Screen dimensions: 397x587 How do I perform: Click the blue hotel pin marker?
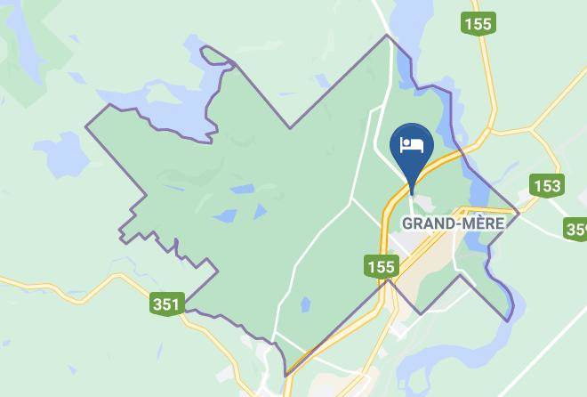pos(412,150)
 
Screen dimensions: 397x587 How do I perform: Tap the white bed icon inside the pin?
pos(412,144)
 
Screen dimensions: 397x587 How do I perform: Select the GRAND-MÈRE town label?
pos(453,223)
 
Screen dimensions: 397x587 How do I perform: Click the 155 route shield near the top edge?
pos(478,23)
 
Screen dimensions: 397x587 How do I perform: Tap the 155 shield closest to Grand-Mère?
pos(380,265)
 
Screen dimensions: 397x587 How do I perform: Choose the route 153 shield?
pos(546,186)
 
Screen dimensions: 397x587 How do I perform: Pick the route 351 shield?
pos(165,304)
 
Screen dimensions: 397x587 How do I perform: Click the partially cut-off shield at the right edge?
pos(576,231)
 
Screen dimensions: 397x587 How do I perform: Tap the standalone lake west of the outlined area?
pos(61,158)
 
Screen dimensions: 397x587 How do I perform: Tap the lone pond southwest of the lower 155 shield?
pos(306,304)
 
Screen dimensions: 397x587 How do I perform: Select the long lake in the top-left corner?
pos(18,45)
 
